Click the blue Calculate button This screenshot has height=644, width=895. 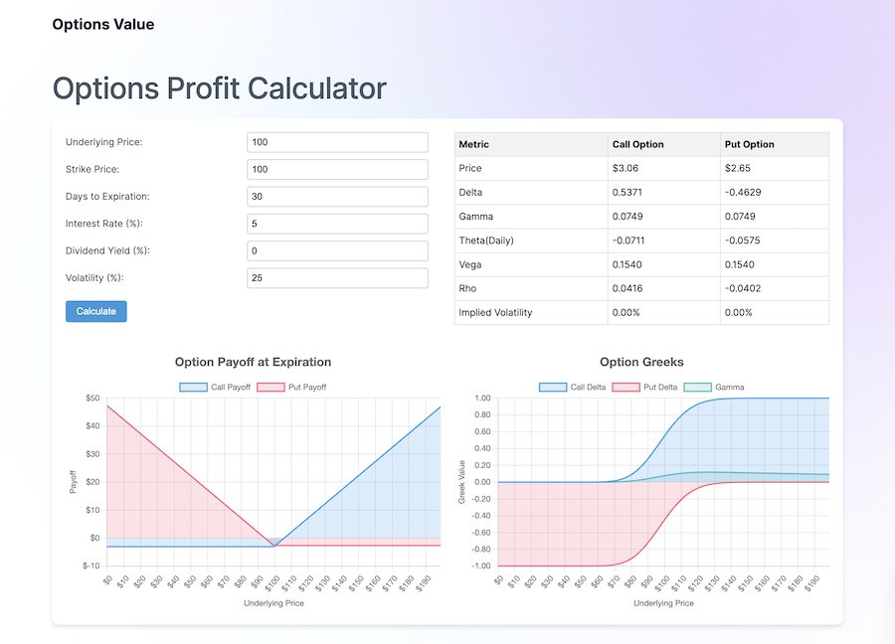point(96,311)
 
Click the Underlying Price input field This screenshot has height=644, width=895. point(337,142)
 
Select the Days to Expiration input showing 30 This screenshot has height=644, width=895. point(337,197)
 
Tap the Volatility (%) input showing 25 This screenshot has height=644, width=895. point(337,278)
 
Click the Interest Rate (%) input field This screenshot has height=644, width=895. point(337,224)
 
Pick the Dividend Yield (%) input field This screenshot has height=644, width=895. point(337,250)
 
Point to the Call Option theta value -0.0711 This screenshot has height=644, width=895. point(632,241)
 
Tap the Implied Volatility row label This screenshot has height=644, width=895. point(495,312)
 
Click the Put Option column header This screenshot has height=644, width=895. point(750,144)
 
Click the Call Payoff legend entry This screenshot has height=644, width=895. point(215,387)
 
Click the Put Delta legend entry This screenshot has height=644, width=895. point(639,387)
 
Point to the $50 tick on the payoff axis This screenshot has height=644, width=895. point(90,398)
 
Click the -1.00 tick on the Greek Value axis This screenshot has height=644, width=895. point(479,565)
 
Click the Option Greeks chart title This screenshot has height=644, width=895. point(641,362)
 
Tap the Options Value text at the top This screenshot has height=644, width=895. point(103,24)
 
